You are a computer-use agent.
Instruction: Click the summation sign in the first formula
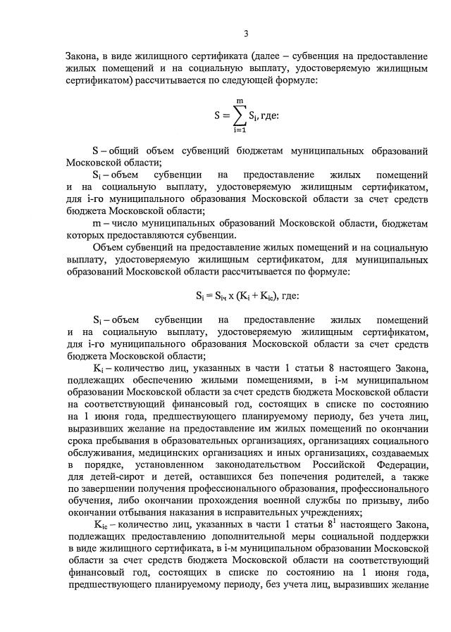pyautogui.click(x=240, y=114)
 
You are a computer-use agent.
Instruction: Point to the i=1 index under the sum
pyautogui.click(x=240, y=130)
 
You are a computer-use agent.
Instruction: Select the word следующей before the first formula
pyautogui.click(x=254, y=81)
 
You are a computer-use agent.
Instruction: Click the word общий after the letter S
pyautogui.click(x=124, y=151)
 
